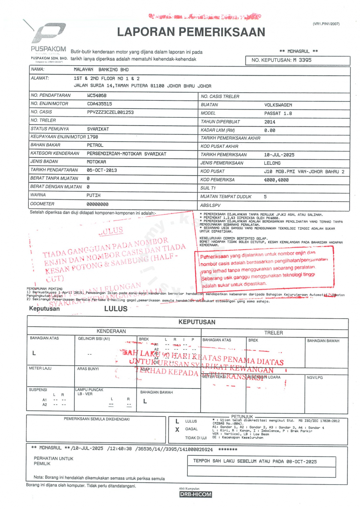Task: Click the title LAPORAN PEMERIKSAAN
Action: click(191, 32)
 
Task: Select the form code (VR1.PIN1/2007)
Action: click(326, 24)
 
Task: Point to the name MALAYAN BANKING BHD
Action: click(101, 69)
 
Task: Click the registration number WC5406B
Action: click(97, 95)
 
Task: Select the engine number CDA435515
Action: click(99, 104)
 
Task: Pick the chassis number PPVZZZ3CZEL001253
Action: click(110, 112)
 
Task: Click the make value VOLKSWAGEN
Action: click(278, 105)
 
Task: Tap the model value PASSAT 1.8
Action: click(278, 113)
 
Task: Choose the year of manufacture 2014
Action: click(270, 122)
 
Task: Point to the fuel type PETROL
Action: click(95, 145)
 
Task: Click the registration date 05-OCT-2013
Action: click(102, 170)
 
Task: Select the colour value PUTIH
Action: click(93, 195)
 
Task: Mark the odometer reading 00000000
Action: click(97, 204)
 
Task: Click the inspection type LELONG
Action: click(272, 163)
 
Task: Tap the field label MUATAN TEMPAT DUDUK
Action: click(226, 197)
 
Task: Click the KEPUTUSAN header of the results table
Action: click(197, 322)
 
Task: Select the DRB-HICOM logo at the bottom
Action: click(195, 494)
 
